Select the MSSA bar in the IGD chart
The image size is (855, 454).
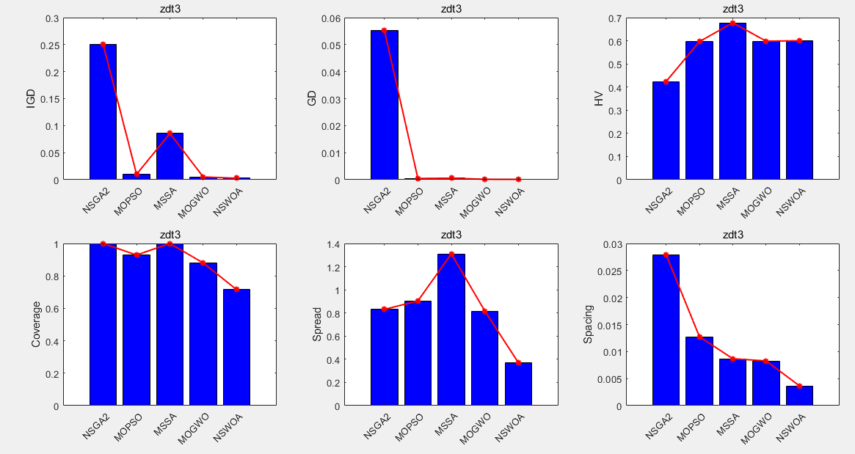[x=170, y=156]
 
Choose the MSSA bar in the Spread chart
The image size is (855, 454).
[x=451, y=329]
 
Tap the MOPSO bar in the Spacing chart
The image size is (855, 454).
[x=699, y=371]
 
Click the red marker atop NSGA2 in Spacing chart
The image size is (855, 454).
[x=666, y=255]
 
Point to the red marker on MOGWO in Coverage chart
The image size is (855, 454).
[x=203, y=263]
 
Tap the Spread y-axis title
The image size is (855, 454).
[x=317, y=325]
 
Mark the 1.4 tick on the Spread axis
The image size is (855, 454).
[x=332, y=244]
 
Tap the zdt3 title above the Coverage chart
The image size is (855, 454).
[x=170, y=235]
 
